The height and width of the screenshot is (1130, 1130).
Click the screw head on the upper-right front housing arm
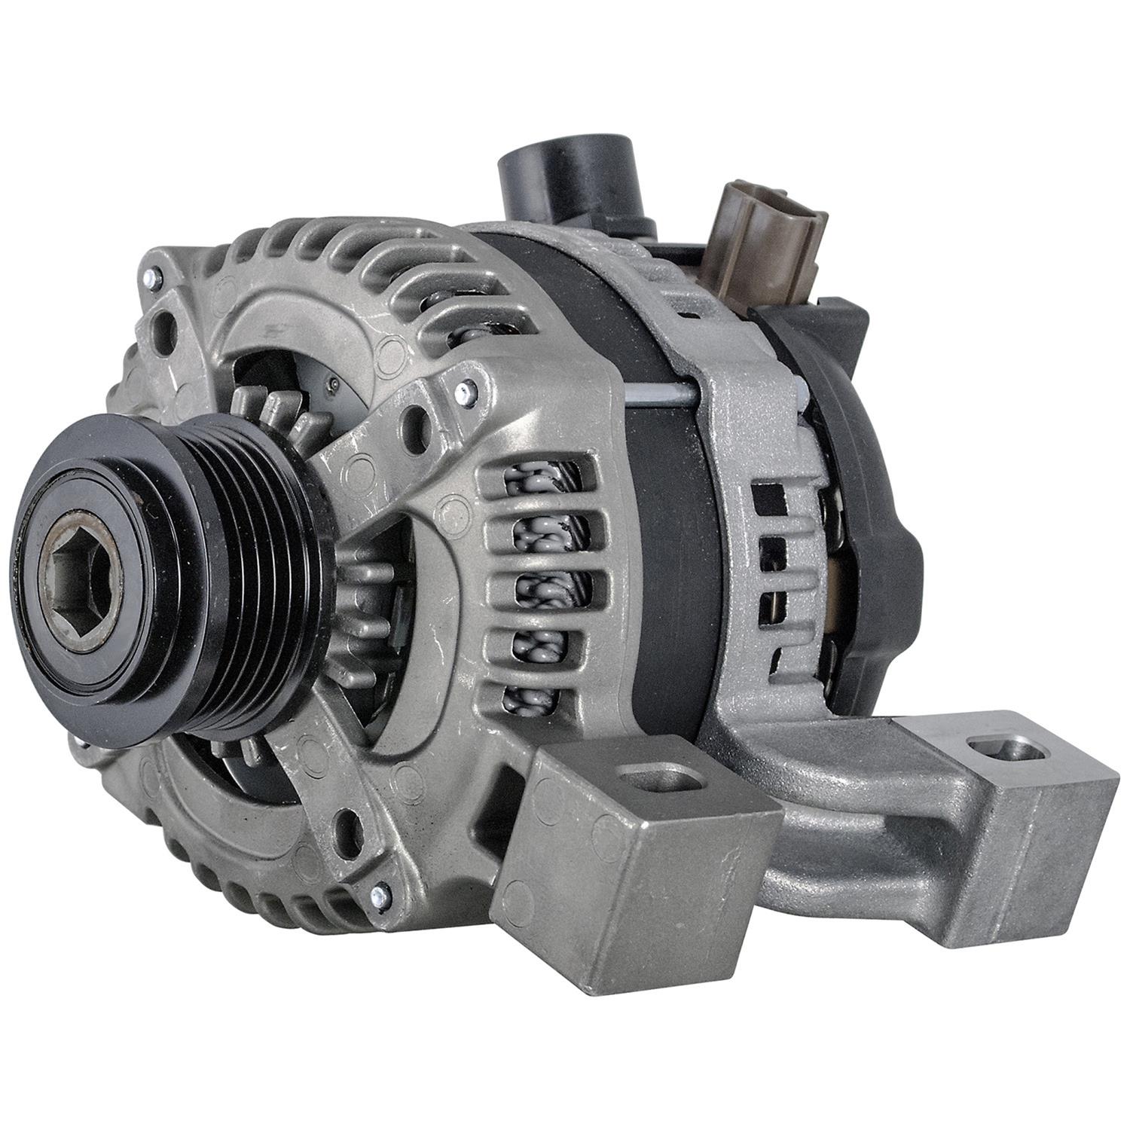pyautogui.click(x=468, y=391)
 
